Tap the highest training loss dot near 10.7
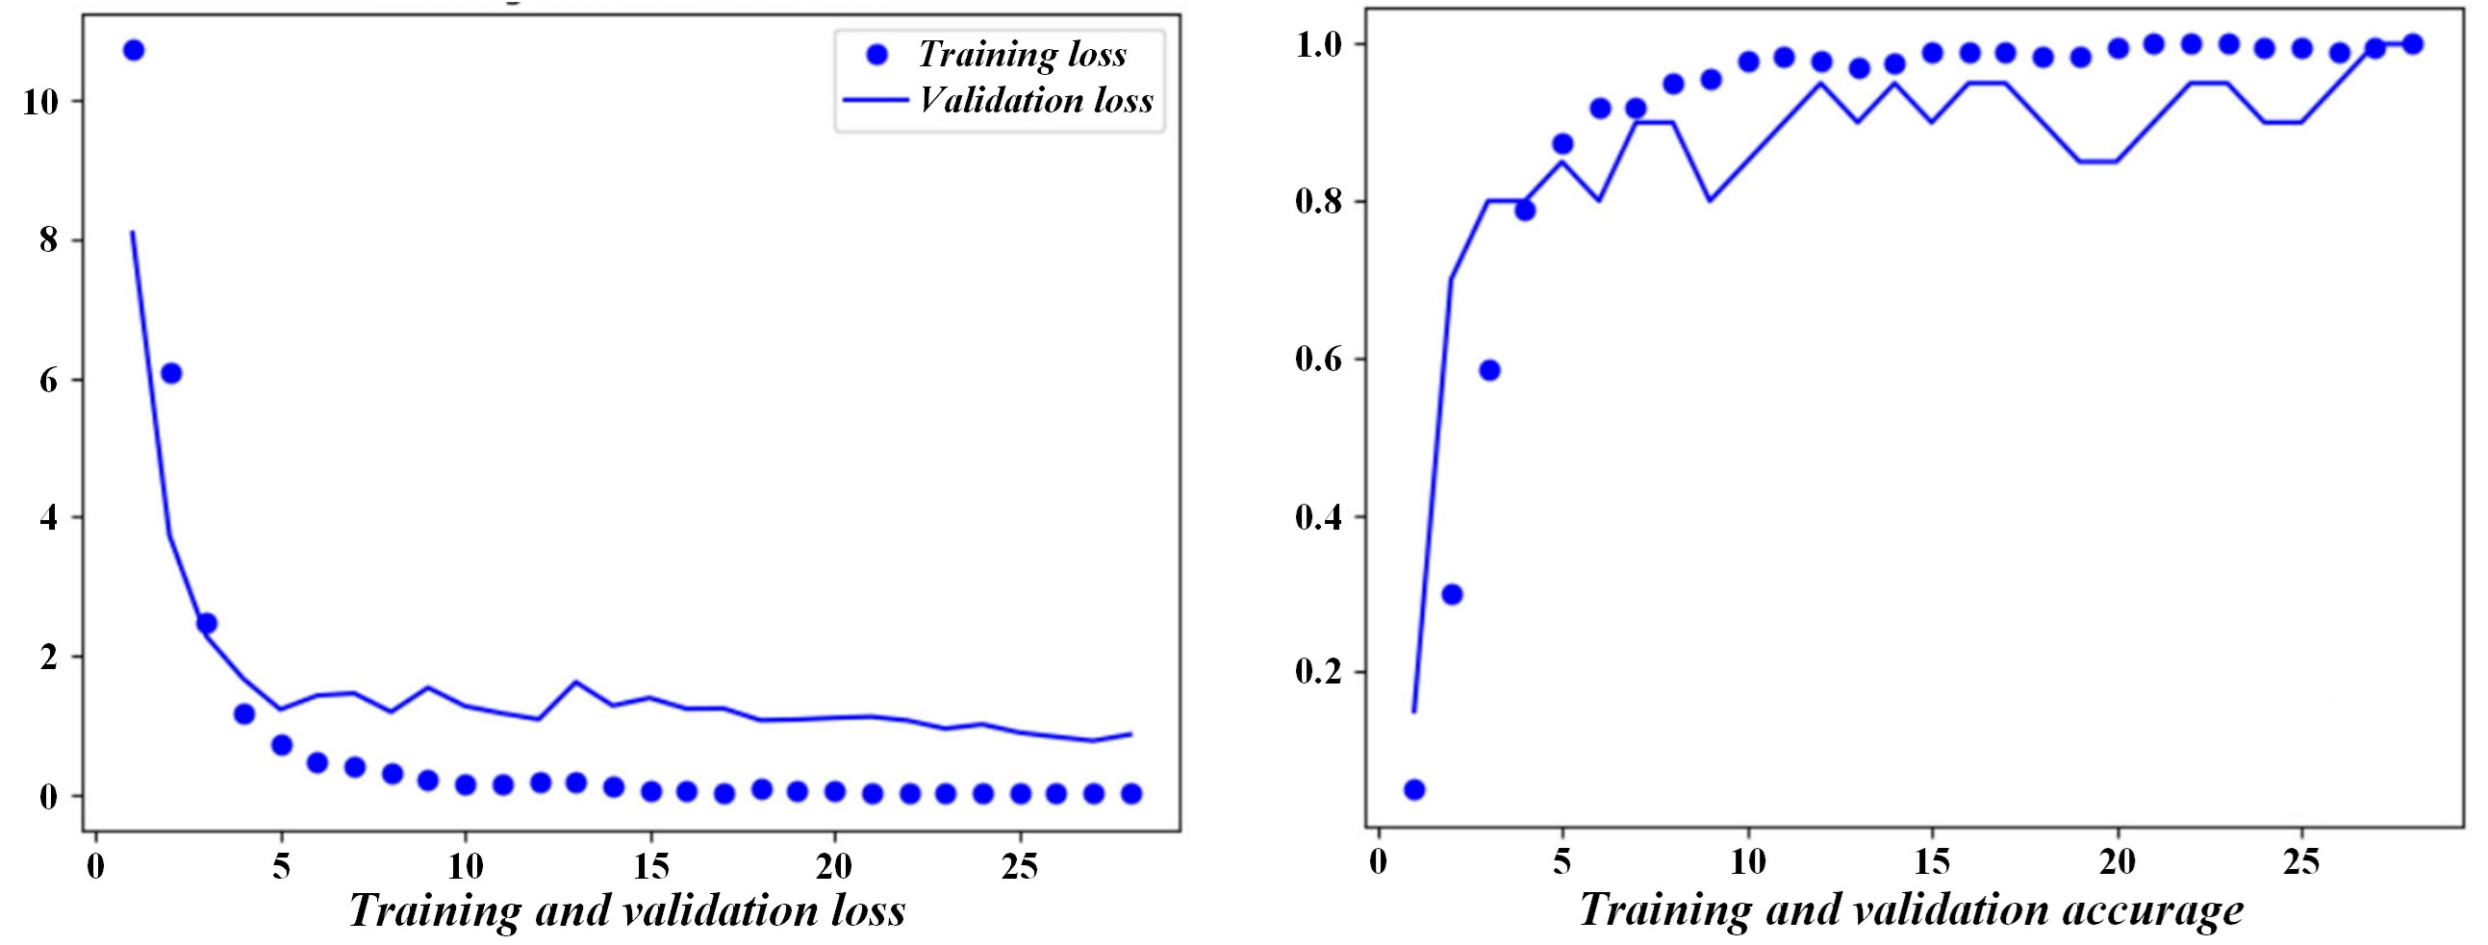134,50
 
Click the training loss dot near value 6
171,374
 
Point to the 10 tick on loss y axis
41,101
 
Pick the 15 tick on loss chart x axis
651,867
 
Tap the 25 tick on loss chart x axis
1020,867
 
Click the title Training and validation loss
627,911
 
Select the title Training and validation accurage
1912,911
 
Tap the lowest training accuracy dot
1414,789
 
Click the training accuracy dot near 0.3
1452,595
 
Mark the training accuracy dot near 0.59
1489,371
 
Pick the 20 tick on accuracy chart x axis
2118,862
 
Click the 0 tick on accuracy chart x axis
1379,862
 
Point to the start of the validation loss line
133,232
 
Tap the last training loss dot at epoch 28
1131,793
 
